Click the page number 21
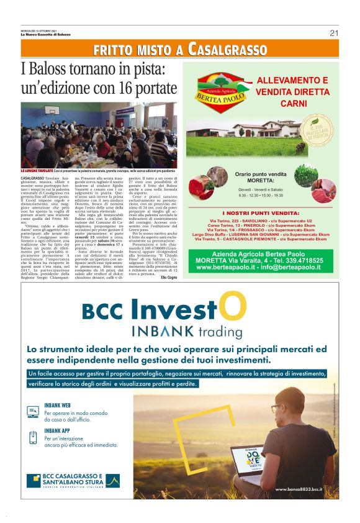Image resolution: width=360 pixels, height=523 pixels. pos(333,33)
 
